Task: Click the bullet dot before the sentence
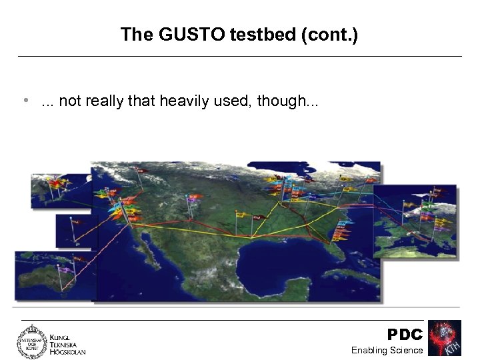click(25, 101)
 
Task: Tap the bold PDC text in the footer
click(405, 335)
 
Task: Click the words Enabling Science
click(387, 350)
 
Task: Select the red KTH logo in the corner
click(444, 338)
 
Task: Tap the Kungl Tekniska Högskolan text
click(67, 343)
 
